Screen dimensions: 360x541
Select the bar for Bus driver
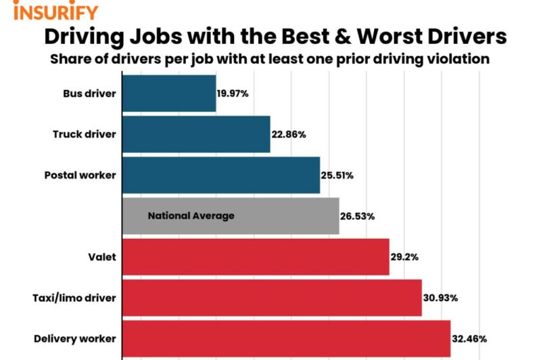pyautogui.click(x=169, y=93)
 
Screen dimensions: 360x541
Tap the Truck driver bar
pyautogui.click(x=196, y=134)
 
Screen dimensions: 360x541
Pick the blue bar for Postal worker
pyautogui.click(x=221, y=175)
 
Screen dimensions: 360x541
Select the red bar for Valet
pyautogui.click(x=256, y=257)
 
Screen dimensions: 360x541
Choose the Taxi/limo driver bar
pyautogui.click(x=272, y=298)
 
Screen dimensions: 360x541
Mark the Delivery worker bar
pyautogui.click(x=286, y=338)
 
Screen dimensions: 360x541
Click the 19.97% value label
pyautogui.click(x=233, y=93)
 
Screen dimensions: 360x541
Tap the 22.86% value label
pyautogui.click(x=289, y=135)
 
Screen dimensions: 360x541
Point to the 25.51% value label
pyautogui.click(x=338, y=175)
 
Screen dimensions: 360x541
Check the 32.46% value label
pyautogui.click(x=469, y=338)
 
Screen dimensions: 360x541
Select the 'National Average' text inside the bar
pyautogui.click(x=191, y=216)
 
